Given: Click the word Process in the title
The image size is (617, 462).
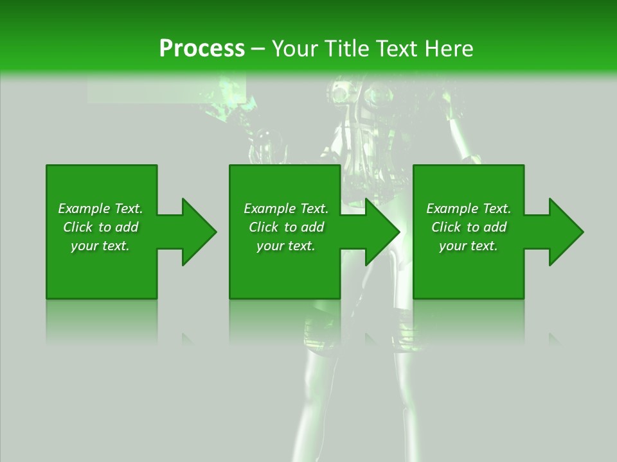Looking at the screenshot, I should pos(202,49).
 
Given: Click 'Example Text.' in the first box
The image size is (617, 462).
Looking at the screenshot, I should pos(100,209).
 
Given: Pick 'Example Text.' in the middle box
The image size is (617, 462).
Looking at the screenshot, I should pos(286,209).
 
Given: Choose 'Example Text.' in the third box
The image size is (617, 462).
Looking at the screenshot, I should pos(469,209).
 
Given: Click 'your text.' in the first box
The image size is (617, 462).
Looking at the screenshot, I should pos(100,246).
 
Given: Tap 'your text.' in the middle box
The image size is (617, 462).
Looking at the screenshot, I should pos(286,246).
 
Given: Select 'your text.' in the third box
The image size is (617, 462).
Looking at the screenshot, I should pos(469,246).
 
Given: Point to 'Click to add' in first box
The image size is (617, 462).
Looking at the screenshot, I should pos(100,227).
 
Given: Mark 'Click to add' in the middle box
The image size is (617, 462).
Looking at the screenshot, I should pos(286,227).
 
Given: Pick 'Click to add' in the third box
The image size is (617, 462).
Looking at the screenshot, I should pos(469,227).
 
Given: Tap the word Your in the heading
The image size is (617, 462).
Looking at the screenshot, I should pos(295,49).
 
